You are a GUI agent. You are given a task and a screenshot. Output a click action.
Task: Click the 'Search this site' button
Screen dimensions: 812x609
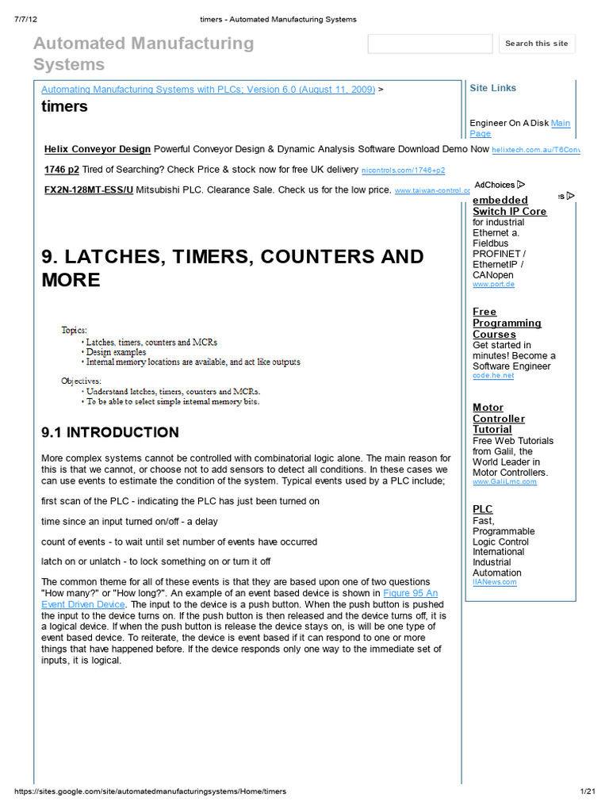(x=537, y=44)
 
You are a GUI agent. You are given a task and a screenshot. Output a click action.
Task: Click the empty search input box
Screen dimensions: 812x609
(x=430, y=44)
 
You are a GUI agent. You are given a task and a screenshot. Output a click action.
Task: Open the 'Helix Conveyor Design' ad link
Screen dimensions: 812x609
(x=98, y=149)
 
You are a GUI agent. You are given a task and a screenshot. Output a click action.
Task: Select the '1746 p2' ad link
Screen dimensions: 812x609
(x=62, y=170)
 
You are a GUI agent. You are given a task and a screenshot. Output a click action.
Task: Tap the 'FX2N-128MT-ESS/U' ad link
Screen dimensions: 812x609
(x=89, y=190)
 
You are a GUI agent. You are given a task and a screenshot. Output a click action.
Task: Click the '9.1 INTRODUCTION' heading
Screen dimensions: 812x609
(x=110, y=432)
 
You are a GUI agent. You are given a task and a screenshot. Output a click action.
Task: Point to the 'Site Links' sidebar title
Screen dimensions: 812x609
(x=492, y=88)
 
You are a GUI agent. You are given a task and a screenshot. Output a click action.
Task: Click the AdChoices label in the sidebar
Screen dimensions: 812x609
(x=499, y=185)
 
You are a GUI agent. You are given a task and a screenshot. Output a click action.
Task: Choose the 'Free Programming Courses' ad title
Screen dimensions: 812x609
(x=507, y=323)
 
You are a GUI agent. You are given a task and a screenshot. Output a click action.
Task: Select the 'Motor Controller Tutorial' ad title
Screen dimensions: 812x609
(x=499, y=419)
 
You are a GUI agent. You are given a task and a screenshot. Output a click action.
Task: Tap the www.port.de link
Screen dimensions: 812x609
(x=493, y=284)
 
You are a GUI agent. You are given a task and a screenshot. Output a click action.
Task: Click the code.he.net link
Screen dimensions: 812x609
(x=493, y=376)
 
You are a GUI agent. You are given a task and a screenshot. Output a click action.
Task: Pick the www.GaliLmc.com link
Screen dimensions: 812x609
(x=504, y=481)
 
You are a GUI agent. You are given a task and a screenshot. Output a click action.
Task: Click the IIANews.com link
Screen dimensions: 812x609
(x=494, y=582)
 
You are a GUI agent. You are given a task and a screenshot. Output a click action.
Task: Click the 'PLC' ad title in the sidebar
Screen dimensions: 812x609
(x=482, y=509)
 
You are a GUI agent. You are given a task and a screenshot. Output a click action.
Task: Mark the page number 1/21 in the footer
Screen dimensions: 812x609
(x=587, y=791)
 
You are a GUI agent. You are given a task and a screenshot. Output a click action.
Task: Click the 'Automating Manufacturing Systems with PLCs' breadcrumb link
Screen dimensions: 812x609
(x=208, y=90)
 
